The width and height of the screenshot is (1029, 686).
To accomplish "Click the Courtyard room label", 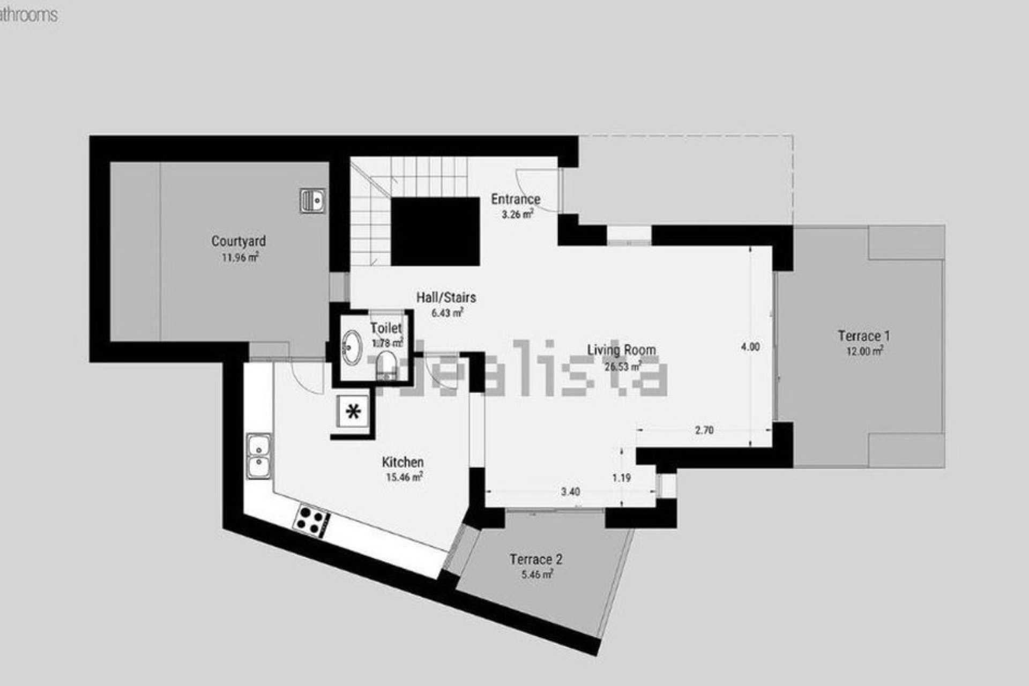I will point(238,241).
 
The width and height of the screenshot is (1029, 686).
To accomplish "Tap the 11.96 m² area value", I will point(240,257).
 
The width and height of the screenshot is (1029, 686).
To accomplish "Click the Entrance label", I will point(516,199).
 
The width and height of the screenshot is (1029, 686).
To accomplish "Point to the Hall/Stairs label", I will point(446,297).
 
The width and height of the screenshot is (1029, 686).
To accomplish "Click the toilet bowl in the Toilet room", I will point(386,365).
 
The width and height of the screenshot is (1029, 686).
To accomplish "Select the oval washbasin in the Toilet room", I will point(353,347).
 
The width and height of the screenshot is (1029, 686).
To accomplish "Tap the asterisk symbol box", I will point(353,412).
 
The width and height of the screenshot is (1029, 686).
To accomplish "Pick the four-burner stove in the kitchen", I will point(311,519).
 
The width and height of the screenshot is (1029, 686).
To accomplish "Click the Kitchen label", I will point(403,462).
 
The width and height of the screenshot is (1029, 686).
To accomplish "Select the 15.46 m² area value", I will point(404,477).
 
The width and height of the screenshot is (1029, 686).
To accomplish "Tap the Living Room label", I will point(622,351).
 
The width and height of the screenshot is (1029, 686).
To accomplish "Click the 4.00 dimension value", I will point(750,347).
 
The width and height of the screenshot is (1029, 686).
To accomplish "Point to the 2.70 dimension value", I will point(704,430).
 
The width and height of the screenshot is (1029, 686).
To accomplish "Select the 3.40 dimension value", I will point(570,491).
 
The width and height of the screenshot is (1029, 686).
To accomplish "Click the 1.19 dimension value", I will point(622,478).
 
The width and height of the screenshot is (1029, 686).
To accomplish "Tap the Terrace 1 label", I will point(864,336).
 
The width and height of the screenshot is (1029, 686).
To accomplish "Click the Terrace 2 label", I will point(536,560).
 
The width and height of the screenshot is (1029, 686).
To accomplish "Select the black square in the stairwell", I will point(435,231).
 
